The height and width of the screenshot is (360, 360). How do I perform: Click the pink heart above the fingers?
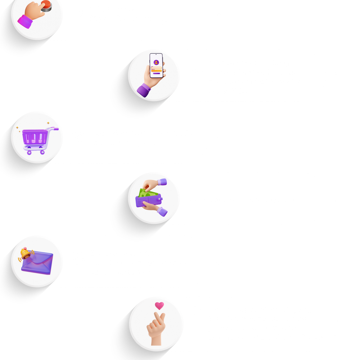[159, 306]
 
